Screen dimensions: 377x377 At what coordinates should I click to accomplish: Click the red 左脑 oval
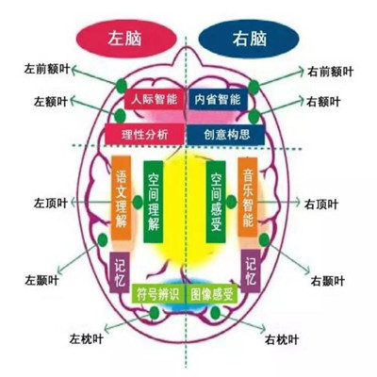pyautogui.click(x=126, y=39)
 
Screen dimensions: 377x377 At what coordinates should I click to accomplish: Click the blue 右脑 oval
pyautogui.click(x=249, y=39)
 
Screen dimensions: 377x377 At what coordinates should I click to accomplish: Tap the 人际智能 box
pyautogui.click(x=154, y=99)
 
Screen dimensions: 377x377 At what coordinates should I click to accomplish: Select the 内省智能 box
pyautogui.click(x=218, y=99)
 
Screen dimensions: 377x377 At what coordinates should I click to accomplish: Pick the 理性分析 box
pyautogui.click(x=144, y=134)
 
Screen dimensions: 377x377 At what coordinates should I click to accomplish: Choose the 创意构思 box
pyautogui.click(x=226, y=135)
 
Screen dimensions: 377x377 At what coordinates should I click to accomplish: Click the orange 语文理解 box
pyautogui.click(x=122, y=198)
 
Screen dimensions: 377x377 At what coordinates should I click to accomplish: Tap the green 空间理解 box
pyautogui.click(x=154, y=202)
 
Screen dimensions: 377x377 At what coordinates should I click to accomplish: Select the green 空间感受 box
pyautogui.click(x=216, y=202)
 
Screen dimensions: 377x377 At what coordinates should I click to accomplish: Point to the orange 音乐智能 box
pyautogui.click(x=248, y=197)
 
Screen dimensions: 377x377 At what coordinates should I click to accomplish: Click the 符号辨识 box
pyautogui.click(x=158, y=293)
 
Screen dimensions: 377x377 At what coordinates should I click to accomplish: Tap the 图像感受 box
pyautogui.click(x=212, y=293)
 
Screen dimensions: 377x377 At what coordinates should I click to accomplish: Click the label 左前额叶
pyautogui.click(x=46, y=70)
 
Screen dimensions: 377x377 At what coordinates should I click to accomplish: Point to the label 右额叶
pyautogui.click(x=323, y=102)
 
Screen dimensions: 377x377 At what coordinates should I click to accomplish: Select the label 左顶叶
pyautogui.click(x=51, y=204)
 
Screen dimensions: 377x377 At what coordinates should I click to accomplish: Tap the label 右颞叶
pyautogui.click(x=328, y=281)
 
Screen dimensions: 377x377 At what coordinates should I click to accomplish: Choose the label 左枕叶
pyautogui.click(x=87, y=339)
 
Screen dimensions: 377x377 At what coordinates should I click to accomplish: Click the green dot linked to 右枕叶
pyautogui.click(x=216, y=313)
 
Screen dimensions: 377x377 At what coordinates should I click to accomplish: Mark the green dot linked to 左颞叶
pyautogui.click(x=103, y=240)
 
